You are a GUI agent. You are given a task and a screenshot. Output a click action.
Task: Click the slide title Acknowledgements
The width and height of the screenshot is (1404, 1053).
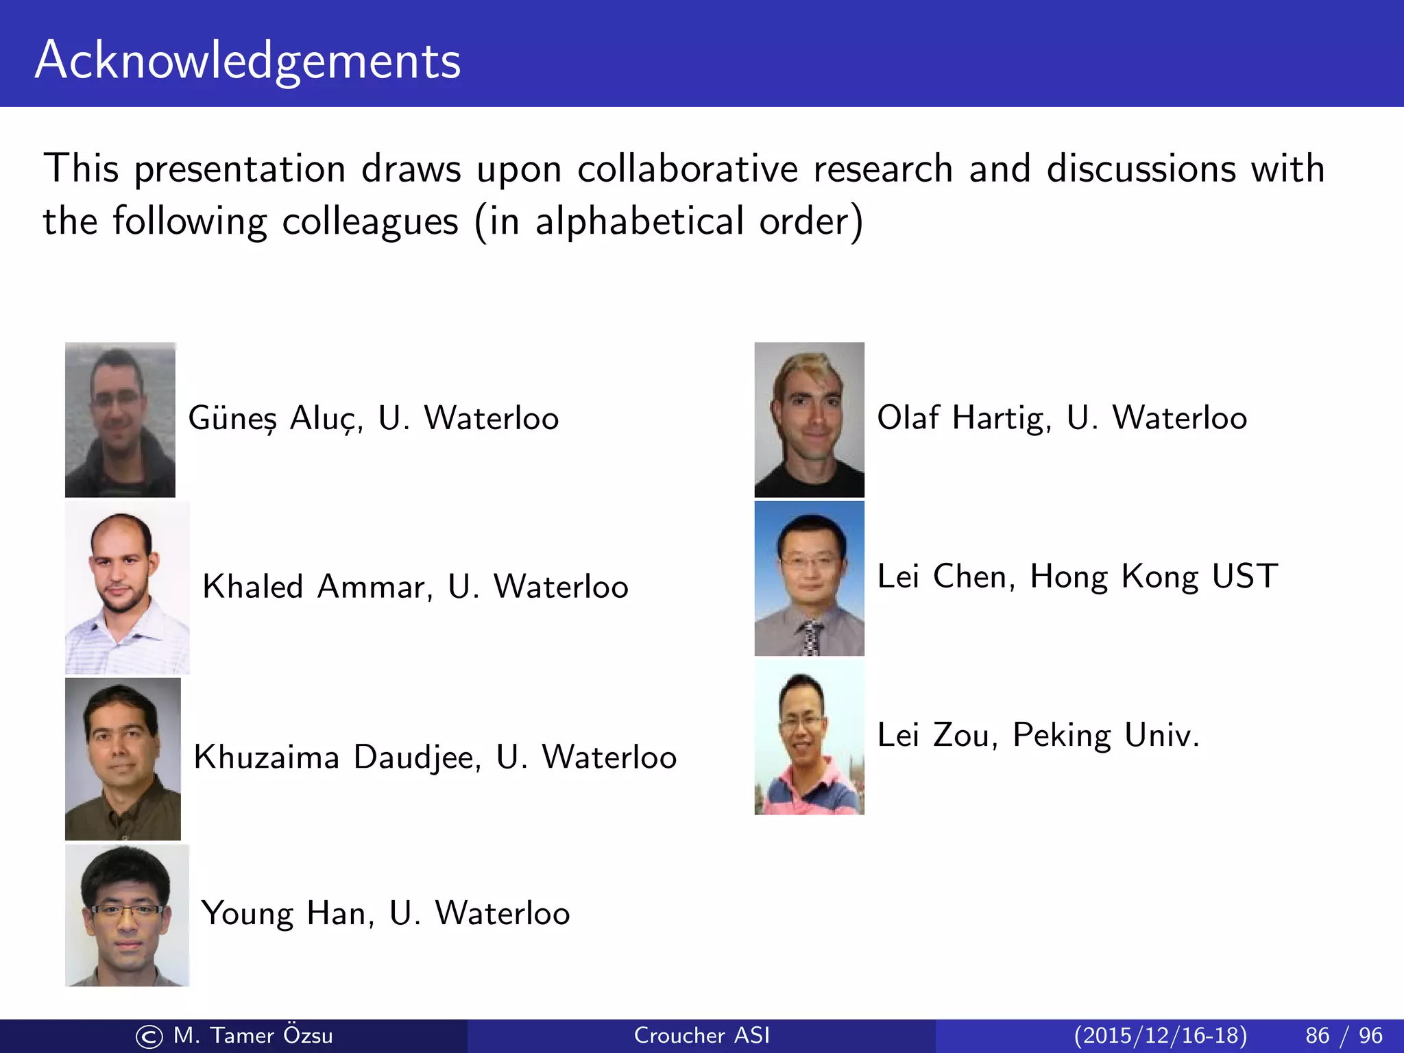pyautogui.click(x=247, y=60)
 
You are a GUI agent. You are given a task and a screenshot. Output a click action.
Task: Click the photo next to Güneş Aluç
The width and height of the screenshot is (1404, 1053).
pyautogui.click(x=120, y=420)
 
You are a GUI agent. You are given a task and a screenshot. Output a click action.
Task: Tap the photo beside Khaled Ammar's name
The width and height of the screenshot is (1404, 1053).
pyautogui.click(x=127, y=588)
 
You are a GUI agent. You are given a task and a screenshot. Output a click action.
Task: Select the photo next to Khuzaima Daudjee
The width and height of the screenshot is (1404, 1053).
pyautogui.click(x=123, y=759)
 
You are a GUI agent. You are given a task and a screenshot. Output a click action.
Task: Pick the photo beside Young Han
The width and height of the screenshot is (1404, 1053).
pyautogui.click(x=127, y=915)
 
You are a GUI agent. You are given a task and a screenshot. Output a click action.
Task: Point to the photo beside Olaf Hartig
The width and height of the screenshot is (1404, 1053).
pyautogui.click(x=809, y=420)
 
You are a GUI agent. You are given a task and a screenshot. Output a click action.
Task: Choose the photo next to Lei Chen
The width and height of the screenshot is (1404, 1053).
pyautogui.click(x=809, y=578)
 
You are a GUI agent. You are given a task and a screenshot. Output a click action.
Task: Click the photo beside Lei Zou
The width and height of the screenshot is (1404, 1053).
pyautogui.click(x=809, y=738)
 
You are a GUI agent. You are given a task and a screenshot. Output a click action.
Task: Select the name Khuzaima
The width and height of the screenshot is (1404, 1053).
pyautogui.click(x=266, y=758)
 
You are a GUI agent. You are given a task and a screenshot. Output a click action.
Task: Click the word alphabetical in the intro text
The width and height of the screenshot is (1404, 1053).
pyautogui.click(x=639, y=221)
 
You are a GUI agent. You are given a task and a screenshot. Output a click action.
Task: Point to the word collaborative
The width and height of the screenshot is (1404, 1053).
pyautogui.click(x=688, y=169)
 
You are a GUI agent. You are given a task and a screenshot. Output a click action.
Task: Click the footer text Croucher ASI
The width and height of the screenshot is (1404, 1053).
pyautogui.click(x=701, y=1035)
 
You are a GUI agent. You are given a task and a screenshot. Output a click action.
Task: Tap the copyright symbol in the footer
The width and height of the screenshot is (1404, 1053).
pyautogui.click(x=149, y=1037)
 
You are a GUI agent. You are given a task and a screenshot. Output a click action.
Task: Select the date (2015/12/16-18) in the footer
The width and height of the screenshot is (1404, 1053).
pyautogui.click(x=1160, y=1035)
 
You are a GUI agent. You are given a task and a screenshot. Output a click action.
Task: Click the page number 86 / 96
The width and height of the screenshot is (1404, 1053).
pyautogui.click(x=1344, y=1035)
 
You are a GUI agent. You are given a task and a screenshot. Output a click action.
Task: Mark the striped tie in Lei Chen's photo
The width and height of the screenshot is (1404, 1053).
pyautogui.click(x=812, y=637)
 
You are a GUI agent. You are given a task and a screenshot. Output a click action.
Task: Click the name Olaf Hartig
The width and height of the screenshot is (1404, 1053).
pyautogui.click(x=964, y=418)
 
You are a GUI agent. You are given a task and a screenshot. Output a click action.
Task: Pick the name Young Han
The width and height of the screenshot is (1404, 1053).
pyautogui.click(x=287, y=914)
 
